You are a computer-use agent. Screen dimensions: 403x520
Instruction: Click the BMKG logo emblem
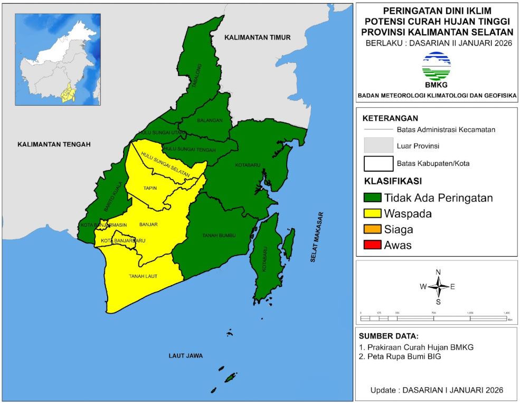(x=436, y=66)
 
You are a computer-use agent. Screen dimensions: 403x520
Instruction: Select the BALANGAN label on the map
(x=210, y=120)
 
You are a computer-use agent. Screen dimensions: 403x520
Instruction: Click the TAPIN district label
(x=150, y=188)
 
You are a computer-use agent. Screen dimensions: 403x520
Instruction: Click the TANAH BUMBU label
(x=219, y=235)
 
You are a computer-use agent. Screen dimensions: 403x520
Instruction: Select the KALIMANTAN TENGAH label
(x=54, y=145)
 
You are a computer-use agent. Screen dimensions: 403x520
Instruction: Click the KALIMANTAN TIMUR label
(x=258, y=38)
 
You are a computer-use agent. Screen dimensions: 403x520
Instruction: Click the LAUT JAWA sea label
(x=186, y=355)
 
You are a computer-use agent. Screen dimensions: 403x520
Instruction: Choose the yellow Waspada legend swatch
(x=372, y=214)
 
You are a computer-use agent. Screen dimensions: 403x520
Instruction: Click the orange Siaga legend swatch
(x=372, y=230)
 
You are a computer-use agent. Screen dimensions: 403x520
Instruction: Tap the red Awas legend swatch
(x=372, y=245)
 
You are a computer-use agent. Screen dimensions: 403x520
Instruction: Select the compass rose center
(x=438, y=287)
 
